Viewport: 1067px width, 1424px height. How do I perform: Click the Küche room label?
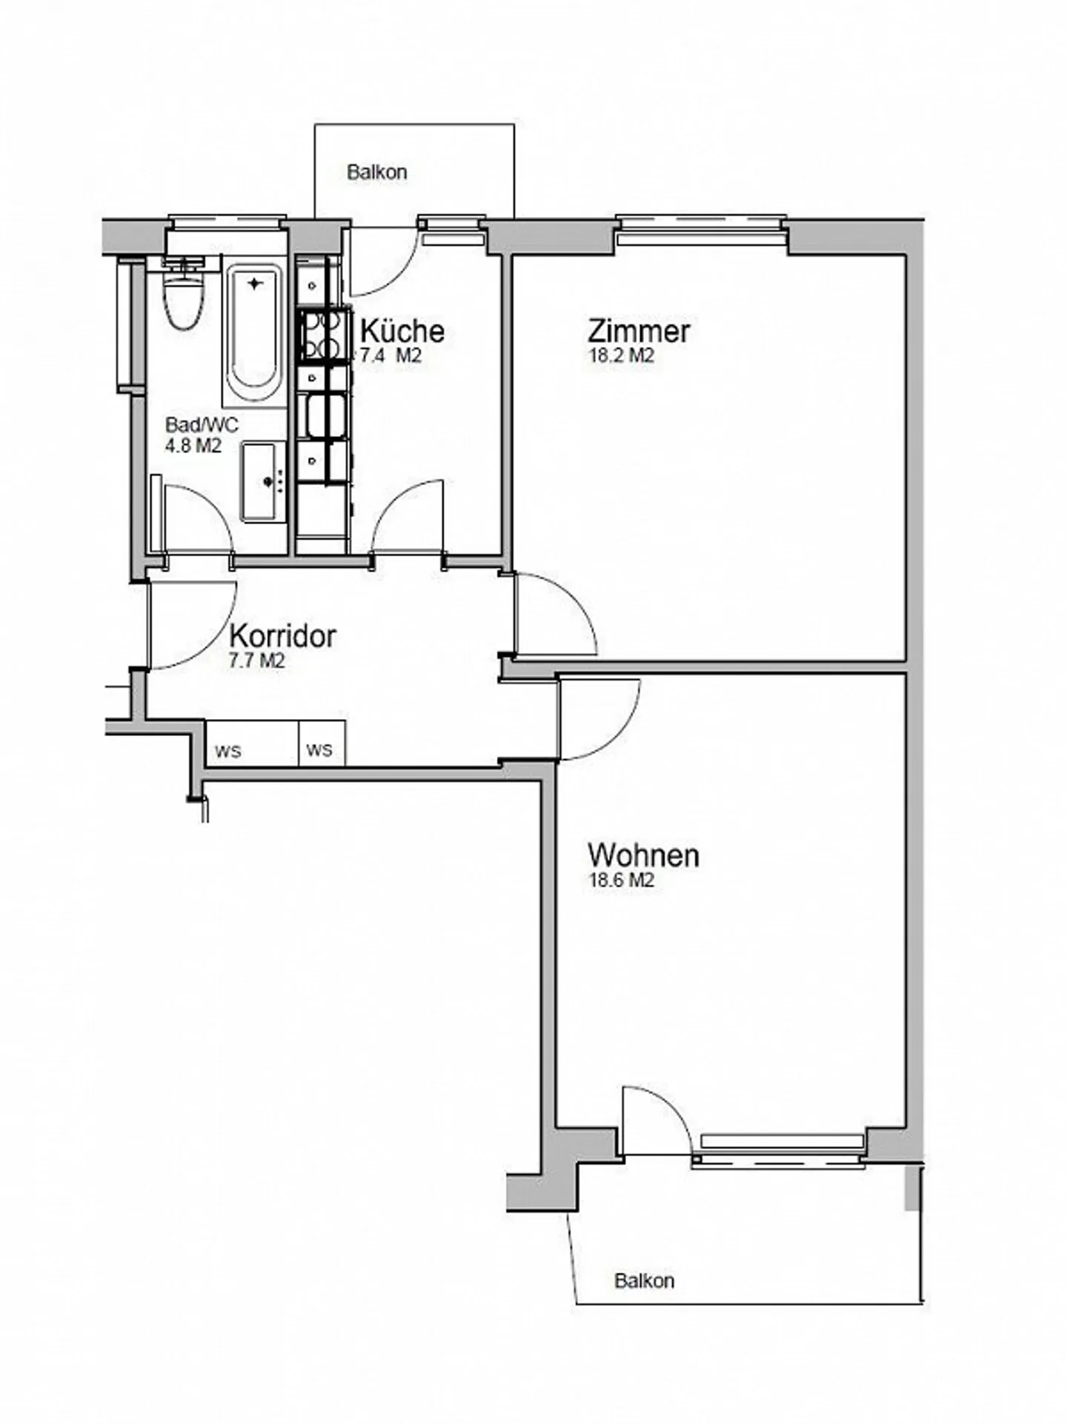pos(402,330)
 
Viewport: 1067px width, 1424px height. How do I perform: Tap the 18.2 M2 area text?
pos(621,355)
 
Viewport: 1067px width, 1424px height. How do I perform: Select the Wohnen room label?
pos(642,855)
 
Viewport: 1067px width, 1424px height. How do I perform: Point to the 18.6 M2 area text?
pos(621,880)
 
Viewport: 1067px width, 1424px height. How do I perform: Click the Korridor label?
pos(282,636)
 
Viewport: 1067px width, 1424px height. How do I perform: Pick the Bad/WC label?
pos(202,425)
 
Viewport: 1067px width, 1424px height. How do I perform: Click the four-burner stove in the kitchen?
pos(323,335)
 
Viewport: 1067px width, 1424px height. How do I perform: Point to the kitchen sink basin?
pos(325,416)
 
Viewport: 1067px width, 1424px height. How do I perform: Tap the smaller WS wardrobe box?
pos(322,743)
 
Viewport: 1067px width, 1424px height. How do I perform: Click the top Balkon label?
pos(376,173)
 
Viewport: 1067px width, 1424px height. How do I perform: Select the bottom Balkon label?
pos(644,1280)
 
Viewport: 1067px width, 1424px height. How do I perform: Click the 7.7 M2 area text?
pos(256,661)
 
